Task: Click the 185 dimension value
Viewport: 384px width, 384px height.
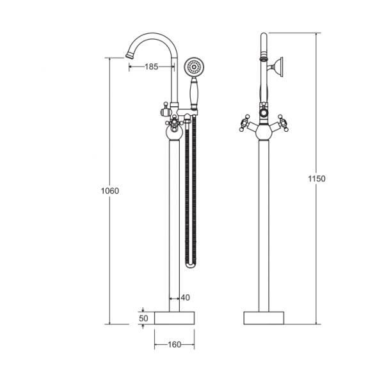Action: click(x=152, y=67)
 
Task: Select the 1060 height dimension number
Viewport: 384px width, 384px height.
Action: click(x=110, y=191)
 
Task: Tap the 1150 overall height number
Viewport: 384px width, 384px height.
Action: click(x=317, y=179)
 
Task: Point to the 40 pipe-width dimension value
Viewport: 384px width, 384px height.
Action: click(x=186, y=298)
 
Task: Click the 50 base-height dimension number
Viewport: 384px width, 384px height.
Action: click(x=143, y=318)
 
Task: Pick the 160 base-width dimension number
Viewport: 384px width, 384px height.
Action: click(x=174, y=344)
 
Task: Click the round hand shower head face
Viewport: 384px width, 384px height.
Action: click(x=194, y=67)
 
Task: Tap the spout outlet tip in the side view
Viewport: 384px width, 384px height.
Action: click(x=130, y=56)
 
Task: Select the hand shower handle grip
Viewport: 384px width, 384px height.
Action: click(x=194, y=92)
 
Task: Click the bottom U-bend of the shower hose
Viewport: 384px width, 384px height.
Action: click(x=191, y=266)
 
